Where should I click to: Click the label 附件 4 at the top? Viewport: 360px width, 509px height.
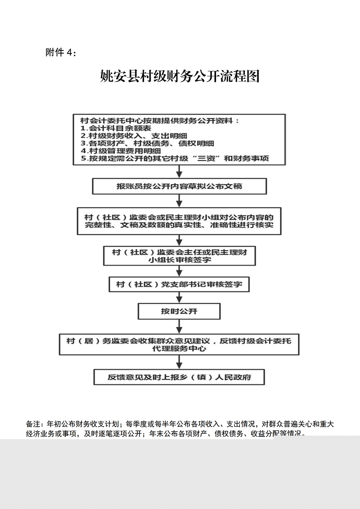61,53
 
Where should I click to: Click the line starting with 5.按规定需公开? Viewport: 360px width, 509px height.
175,159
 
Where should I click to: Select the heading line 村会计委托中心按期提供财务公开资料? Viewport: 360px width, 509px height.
159,121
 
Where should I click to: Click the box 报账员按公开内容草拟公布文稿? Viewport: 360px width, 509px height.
180,185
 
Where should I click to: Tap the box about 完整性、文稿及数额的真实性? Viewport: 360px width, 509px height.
180,221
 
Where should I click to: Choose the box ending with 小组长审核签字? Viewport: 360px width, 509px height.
180,256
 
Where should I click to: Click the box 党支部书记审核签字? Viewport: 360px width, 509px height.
180,284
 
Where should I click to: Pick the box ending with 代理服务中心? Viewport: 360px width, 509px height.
180,345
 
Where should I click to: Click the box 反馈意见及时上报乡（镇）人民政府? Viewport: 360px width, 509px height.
180,377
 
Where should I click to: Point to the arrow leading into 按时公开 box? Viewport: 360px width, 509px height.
180,297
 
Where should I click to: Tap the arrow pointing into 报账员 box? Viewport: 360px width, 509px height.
180,171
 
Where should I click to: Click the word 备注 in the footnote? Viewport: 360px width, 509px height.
32,424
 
